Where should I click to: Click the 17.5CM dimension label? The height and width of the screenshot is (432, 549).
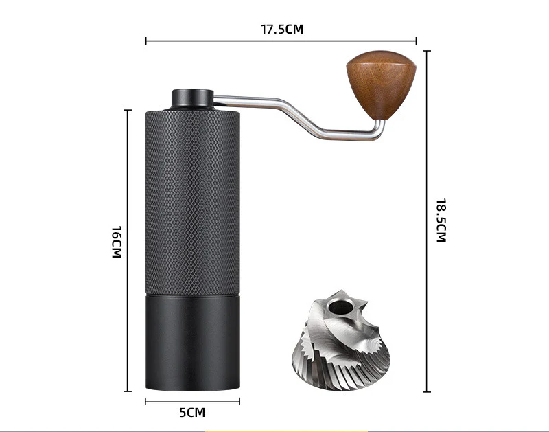282,29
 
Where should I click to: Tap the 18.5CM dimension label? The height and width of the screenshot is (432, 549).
441,220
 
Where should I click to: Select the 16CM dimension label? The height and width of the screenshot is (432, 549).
117,242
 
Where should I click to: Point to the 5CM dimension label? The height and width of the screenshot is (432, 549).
192,412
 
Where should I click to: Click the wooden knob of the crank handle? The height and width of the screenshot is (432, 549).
382,84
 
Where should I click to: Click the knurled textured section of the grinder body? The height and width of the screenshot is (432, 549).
192,202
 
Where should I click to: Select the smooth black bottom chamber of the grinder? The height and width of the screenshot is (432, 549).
192,342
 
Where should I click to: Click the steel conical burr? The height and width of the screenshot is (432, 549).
340,341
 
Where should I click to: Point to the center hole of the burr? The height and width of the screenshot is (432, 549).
340,307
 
